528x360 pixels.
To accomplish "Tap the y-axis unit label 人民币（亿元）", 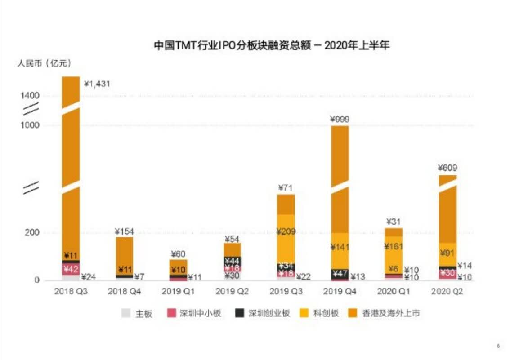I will (x=44, y=64).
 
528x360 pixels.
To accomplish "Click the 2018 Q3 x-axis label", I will (x=71, y=291).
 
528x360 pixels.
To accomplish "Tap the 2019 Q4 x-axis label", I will (x=340, y=291).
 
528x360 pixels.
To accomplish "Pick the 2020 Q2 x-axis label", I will (x=447, y=291).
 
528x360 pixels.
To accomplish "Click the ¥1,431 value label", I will (x=97, y=84).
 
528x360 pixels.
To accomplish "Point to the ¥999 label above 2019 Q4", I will (x=340, y=119).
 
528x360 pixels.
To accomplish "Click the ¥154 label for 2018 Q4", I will (x=125, y=231).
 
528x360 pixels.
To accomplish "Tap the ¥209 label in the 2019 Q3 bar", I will (x=286, y=232).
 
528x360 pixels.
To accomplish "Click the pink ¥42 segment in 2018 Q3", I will (x=71, y=269).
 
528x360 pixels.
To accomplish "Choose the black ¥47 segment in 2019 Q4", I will (x=340, y=273).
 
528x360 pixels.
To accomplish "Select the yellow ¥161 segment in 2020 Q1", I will (x=394, y=246).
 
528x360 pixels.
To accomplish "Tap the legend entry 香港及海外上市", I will (x=385, y=313).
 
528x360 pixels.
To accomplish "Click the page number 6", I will (x=498, y=346).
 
